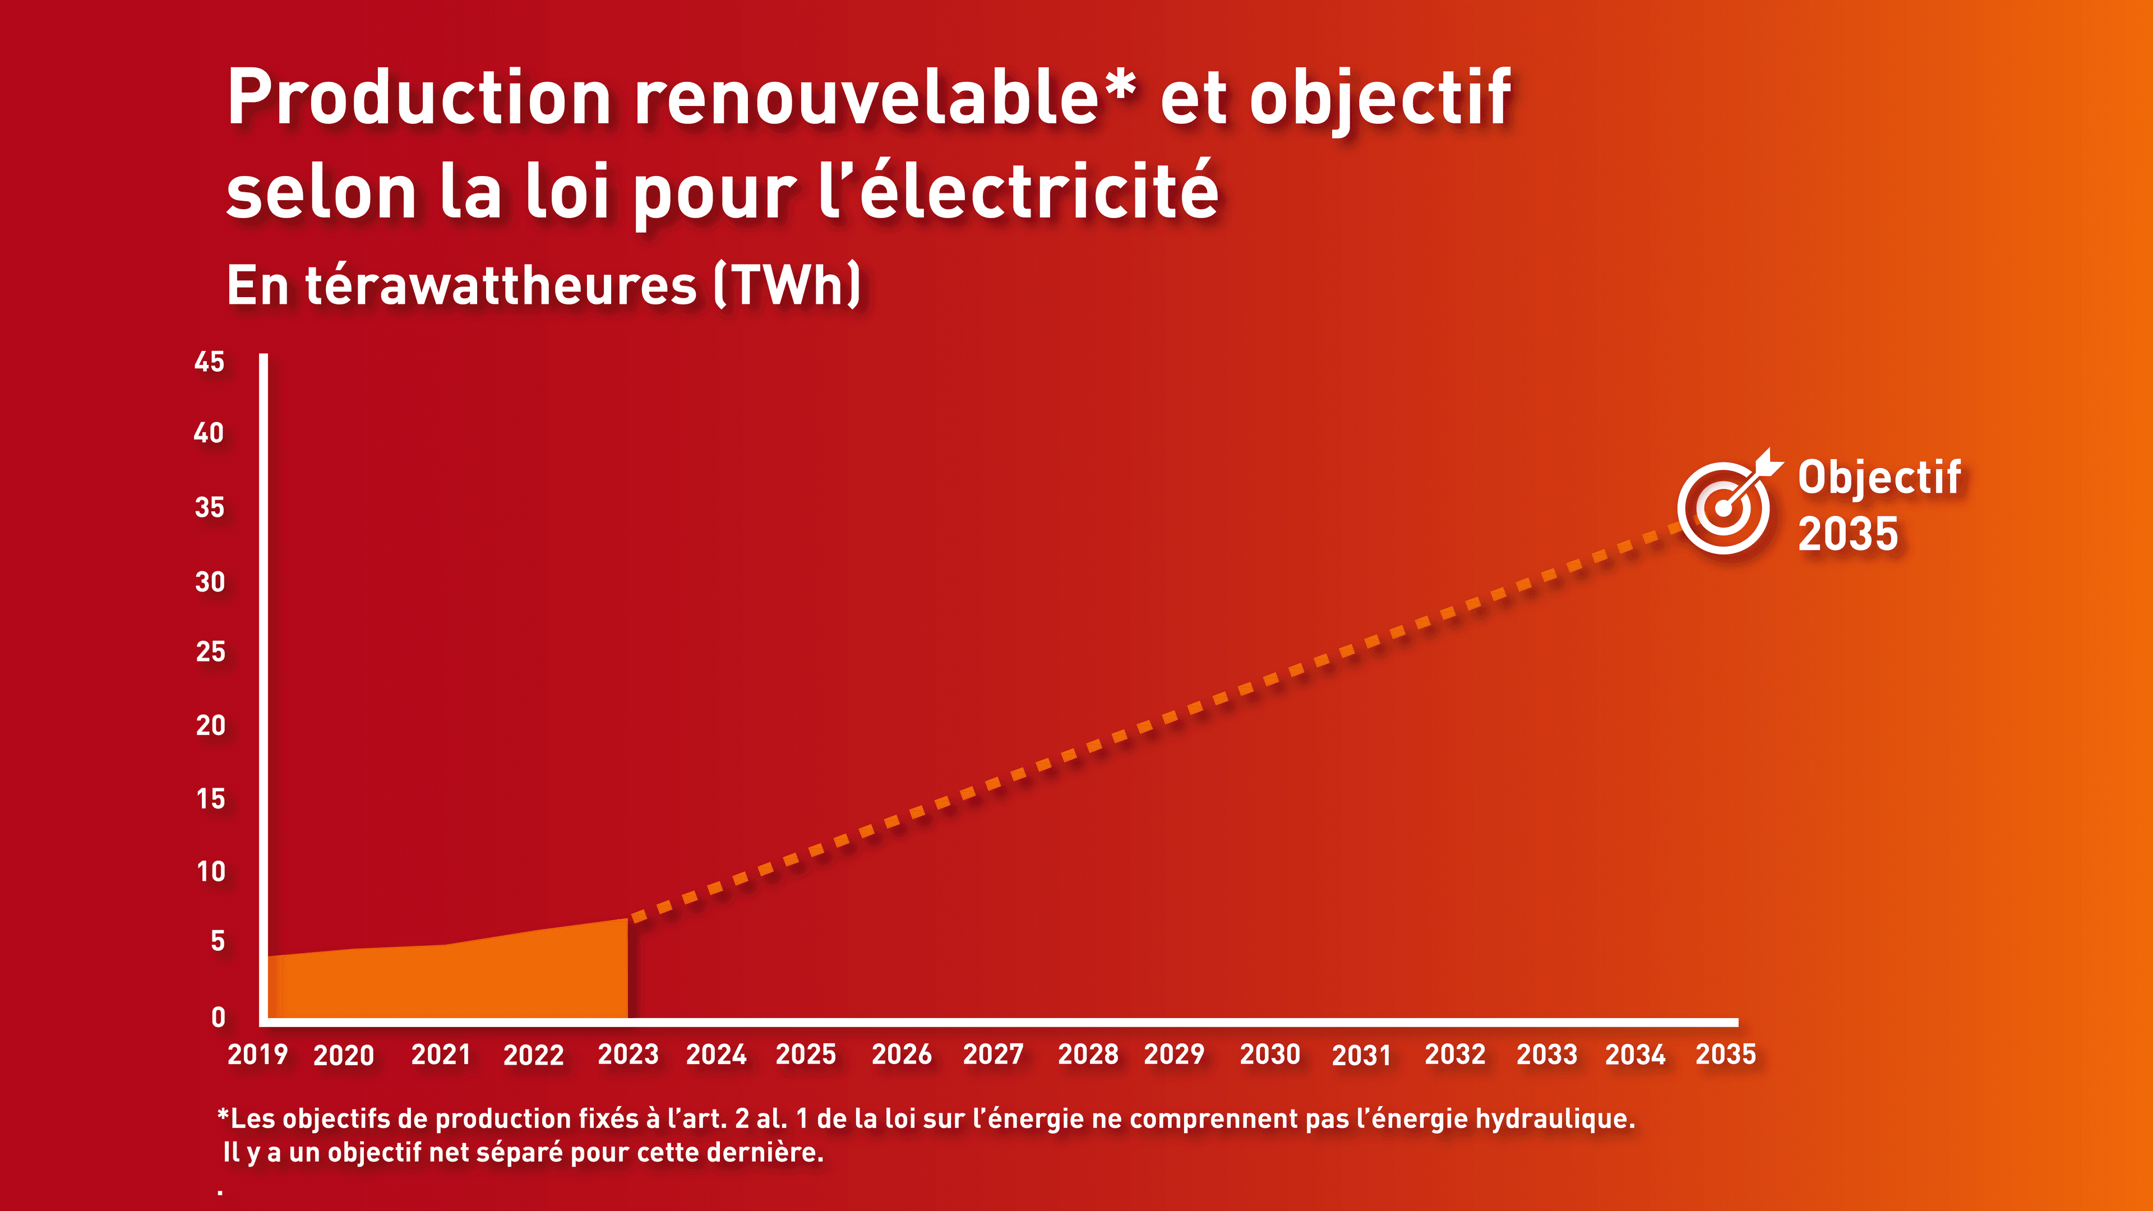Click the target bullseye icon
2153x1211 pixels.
coord(1724,507)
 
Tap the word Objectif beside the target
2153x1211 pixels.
coord(1879,478)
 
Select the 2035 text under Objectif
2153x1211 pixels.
coord(1848,534)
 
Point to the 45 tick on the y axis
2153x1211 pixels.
coord(209,362)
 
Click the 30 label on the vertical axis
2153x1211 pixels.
coord(210,582)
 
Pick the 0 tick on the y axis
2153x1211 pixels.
coord(218,1017)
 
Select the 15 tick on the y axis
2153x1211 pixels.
coord(211,799)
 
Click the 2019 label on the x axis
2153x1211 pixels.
coord(257,1055)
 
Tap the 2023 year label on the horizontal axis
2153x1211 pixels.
coord(628,1055)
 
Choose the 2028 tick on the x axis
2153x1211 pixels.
coord(1087,1055)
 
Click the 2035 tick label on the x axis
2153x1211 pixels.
coord(1725,1055)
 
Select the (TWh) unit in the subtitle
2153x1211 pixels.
coord(787,286)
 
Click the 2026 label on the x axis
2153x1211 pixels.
coord(901,1055)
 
